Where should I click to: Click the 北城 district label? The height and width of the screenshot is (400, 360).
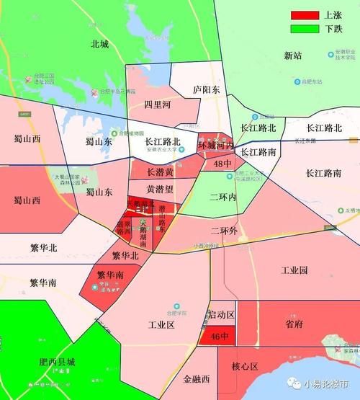click(x=99, y=44)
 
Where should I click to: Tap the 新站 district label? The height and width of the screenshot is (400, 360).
click(x=294, y=55)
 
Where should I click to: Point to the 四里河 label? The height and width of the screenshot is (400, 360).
click(x=157, y=105)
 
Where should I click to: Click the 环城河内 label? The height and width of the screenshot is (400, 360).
click(x=216, y=146)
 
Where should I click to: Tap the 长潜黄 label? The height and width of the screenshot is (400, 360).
click(x=160, y=173)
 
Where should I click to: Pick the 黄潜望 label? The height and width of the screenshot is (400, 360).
click(x=160, y=190)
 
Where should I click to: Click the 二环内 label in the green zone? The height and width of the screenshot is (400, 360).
click(x=223, y=197)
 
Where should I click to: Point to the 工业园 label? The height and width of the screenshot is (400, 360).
click(x=294, y=270)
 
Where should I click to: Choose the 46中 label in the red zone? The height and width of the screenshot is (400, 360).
click(x=219, y=337)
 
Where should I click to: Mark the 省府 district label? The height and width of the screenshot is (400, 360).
click(x=294, y=324)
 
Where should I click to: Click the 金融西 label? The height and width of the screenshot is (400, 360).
click(x=196, y=379)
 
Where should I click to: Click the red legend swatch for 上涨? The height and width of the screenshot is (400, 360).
click(x=305, y=15)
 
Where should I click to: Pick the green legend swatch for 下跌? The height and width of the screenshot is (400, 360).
click(x=305, y=29)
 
